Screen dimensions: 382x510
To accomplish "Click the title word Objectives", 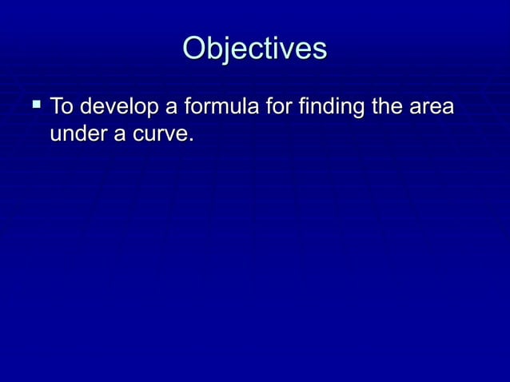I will [255, 49].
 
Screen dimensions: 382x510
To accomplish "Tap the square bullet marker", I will [35, 104].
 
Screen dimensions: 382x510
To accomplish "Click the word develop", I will [119, 107].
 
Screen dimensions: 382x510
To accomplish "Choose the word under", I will [78, 133].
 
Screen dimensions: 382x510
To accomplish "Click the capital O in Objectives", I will [194, 49].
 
